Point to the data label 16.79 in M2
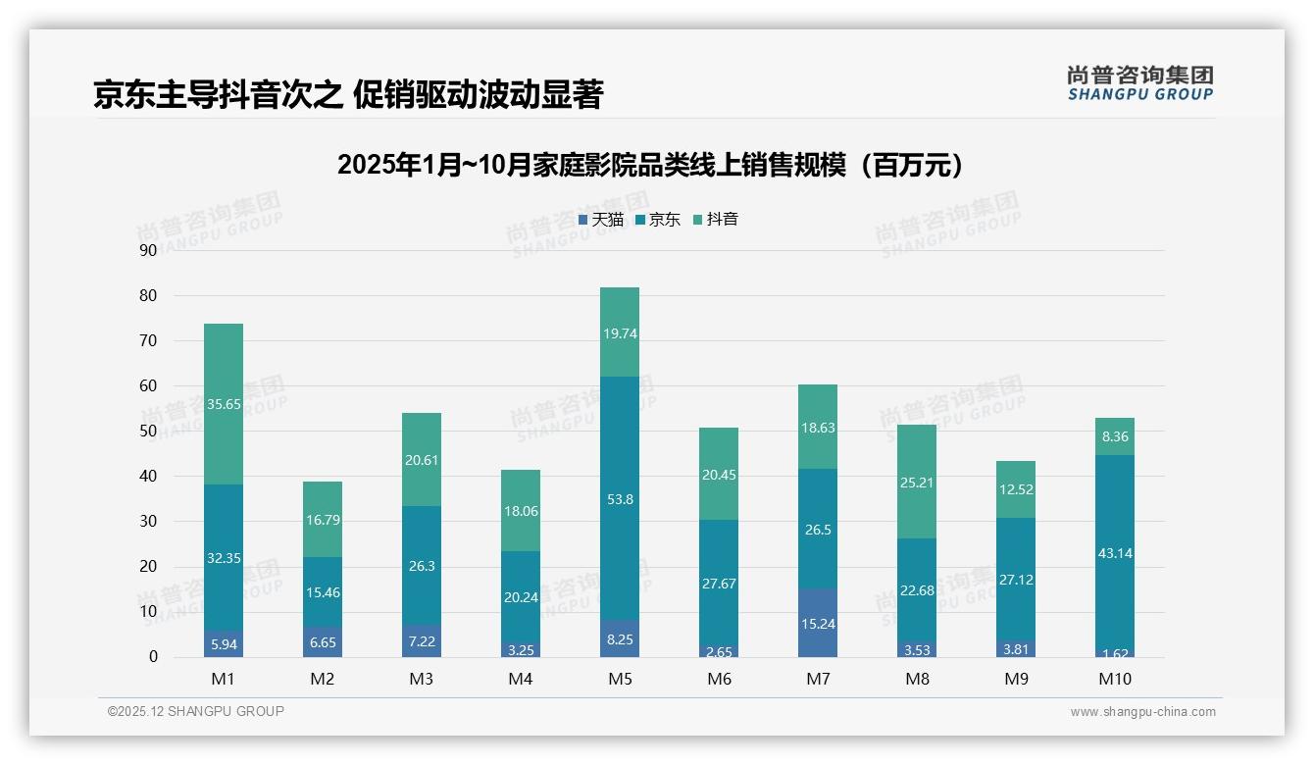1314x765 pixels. [323, 520]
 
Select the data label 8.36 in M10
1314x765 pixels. [1116, 437]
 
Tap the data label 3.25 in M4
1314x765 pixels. [521, 649]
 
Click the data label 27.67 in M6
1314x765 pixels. [719, 584]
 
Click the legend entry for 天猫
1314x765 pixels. [601, 220]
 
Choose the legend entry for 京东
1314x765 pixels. [658, 220]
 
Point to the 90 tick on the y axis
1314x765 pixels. [148, 250]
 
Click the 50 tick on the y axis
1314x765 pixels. [148, 431]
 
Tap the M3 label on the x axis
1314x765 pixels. [422, 679]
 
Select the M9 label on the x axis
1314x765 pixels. [1017, 679]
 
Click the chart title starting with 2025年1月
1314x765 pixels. [650, 165]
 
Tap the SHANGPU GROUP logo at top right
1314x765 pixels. [1139, 83]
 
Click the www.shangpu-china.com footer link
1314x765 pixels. [1142, 712]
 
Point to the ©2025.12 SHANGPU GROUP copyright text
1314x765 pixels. [196, 712]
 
